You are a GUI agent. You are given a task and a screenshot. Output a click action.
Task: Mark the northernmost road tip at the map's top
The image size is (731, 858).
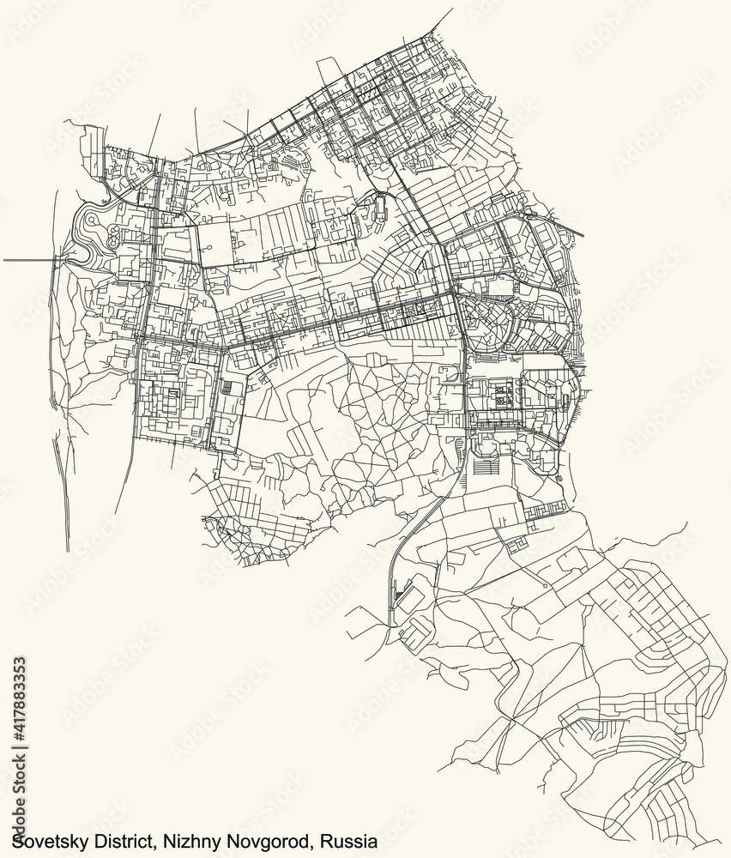[452, 9]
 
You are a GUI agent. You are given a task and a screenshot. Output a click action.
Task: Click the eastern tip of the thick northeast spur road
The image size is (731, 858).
[583, 233]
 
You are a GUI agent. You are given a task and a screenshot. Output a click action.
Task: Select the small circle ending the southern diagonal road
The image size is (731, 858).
[547, 585]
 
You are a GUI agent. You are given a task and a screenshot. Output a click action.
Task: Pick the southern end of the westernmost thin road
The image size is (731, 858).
[68, 551]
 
